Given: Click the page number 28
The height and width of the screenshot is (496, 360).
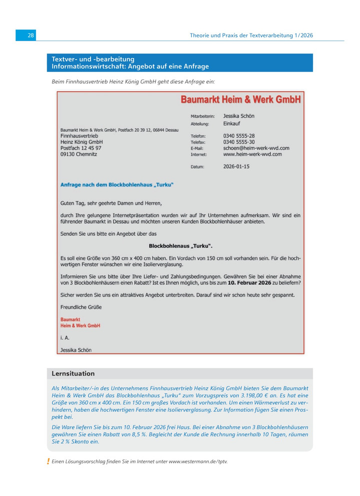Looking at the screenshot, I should pyautogui.click(x=30, y=35).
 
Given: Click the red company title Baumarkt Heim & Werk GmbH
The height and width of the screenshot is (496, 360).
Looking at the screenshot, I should pyautogui.click(x=240, y=99).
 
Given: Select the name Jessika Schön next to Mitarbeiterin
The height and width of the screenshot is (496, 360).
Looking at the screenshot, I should pyautogui.click(x=238, y=116).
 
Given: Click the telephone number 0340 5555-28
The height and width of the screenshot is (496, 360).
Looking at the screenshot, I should pyautogui.click(x=238, y=135).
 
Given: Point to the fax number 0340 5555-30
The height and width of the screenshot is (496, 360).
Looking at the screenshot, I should pyautogui.click(x=238, y=142).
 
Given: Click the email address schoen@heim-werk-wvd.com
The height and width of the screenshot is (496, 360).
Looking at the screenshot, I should pyautogui.click(x=256, y=148).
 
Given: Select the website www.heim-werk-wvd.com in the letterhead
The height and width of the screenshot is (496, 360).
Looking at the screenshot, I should pyautogui.click(x=252, y=154).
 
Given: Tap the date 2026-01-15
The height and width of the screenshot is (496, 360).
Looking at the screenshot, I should pyautogui.click(x=236, y=166).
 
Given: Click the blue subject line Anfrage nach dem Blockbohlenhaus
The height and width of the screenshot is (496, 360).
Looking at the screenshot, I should pyautogui.click(x=116, y=185).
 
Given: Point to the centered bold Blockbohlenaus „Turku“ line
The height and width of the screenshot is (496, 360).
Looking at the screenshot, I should pyautogui.click(x=180, y=246).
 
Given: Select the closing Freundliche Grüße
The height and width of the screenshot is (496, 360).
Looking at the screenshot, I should pyautogui.click(x=81, y=307).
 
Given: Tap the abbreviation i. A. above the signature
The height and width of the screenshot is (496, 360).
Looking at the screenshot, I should pyautogui.click(x=64, y=338).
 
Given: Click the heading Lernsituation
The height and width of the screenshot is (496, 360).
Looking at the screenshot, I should pyautogui.click(x=73, y=373).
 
